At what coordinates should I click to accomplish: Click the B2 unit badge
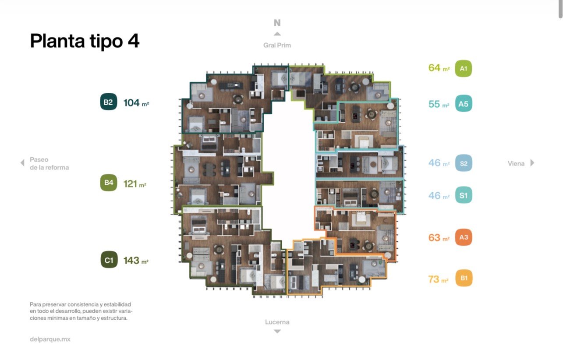[x=109, y=102]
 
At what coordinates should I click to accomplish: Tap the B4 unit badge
[x=109, y=183]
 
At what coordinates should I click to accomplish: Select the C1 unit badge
[x=109, y=260]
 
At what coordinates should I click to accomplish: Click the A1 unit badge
[x=464, y=68]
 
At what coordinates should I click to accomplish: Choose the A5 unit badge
[x=464, y=103]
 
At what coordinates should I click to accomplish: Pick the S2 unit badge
[x=464, y=163]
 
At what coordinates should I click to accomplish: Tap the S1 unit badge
[x=464, y=195]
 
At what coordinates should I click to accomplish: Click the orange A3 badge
[x=464, y=237]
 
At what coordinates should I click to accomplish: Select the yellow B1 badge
[x=464, y=278]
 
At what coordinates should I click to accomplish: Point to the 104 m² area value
[x=136, y=103]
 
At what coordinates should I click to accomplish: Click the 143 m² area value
[x=136, y=261]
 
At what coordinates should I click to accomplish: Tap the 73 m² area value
[x=438, y=279]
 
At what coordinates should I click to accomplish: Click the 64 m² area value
[x=439, y=68]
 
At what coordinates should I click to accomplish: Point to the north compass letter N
[x=277, y=23]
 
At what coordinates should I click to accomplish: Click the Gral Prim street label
[x=277, y=45]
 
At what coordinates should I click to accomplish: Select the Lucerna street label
[x=277, y=322]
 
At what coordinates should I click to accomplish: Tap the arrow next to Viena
[x=532, y=163]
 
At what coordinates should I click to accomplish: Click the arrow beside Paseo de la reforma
[x=22, y=163]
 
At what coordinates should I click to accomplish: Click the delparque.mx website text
[x=50, y=339]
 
